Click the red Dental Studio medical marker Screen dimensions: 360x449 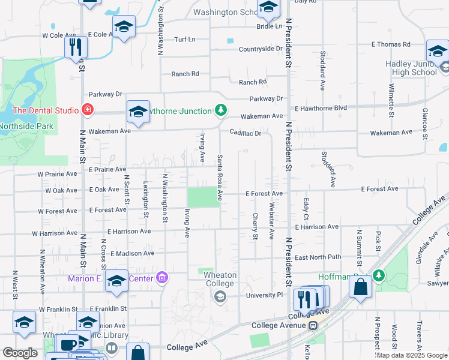88,110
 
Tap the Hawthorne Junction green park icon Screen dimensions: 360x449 221,110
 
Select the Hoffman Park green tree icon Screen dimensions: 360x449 378,276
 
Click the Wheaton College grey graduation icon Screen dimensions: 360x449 220,295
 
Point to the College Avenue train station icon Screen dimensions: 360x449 312,325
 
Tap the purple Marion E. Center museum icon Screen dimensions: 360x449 161,277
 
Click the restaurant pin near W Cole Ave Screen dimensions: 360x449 76,47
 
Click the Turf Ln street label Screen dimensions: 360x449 184,40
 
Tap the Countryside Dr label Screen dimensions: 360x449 260,49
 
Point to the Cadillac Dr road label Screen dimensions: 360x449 245,133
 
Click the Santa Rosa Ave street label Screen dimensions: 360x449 220,177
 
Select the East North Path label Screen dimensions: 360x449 318,257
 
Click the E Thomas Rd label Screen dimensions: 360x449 391,44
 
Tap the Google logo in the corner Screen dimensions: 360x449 20,353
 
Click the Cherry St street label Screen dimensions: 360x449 255,226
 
